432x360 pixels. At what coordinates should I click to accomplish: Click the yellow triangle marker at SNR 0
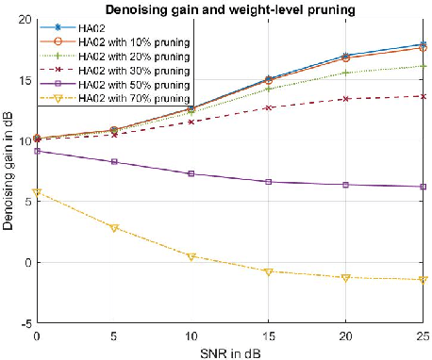click(37, 192)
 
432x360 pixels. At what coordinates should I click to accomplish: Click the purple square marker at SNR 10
click(191, 173)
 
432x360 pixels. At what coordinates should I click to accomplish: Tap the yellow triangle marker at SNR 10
click(191, 256)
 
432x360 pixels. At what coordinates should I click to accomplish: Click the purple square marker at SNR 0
click(37, 151)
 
